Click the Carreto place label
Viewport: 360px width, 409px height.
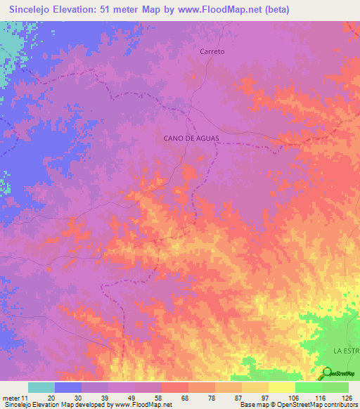pyautogui.click(x=212, y=52)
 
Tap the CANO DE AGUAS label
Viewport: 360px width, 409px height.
pyautogui.click(x=192, y=138)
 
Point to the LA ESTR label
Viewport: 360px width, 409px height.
pyautogui.click(x=346, y=349)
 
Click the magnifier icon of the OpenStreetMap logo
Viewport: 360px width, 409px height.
pyautogui.click(x=327, y=373)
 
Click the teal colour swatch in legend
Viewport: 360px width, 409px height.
pyautogui.click(x=41, y=387)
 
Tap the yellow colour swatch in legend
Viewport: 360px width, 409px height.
pyautogui.click(x=281, y=387)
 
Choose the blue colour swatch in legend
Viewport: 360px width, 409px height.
pyautogui.click(x=68, y=387)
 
